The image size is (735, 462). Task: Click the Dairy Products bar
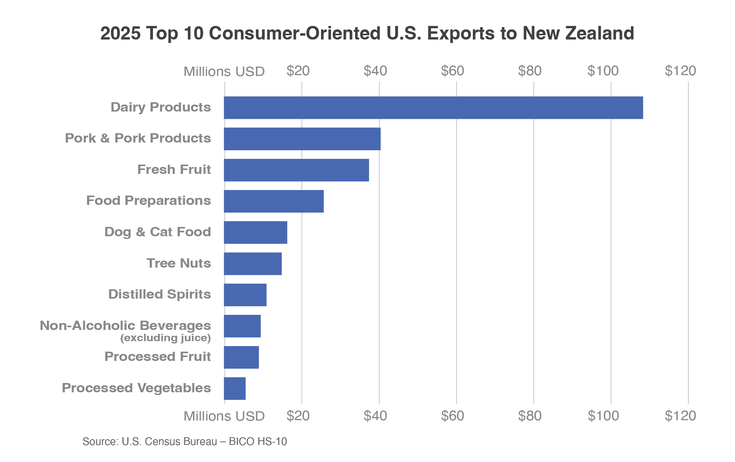[433, 108]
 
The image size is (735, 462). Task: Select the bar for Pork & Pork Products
[302, 139]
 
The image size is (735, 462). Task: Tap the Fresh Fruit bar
[296, 170]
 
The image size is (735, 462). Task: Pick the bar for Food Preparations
[273, 201]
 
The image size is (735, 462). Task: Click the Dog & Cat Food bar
[255, 232]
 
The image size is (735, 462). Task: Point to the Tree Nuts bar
[252, 264]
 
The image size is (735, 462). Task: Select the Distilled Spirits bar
[245, 295]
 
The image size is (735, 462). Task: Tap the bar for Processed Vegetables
[234, 388]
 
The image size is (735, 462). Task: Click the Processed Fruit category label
[158, 357]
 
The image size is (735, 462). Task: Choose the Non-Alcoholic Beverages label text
[125, 326]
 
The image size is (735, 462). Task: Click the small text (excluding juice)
[165, 338]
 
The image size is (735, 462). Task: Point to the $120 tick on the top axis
[680, 71]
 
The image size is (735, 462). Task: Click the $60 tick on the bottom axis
[452, 416]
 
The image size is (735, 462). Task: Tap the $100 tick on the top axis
[603, 71]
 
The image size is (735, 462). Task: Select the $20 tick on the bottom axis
[298, 416]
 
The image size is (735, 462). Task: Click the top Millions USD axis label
[224, 72]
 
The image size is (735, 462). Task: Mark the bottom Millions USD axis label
[224, 416]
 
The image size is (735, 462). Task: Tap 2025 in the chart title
[120, 33]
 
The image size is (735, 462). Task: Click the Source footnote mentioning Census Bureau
[185, 442]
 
